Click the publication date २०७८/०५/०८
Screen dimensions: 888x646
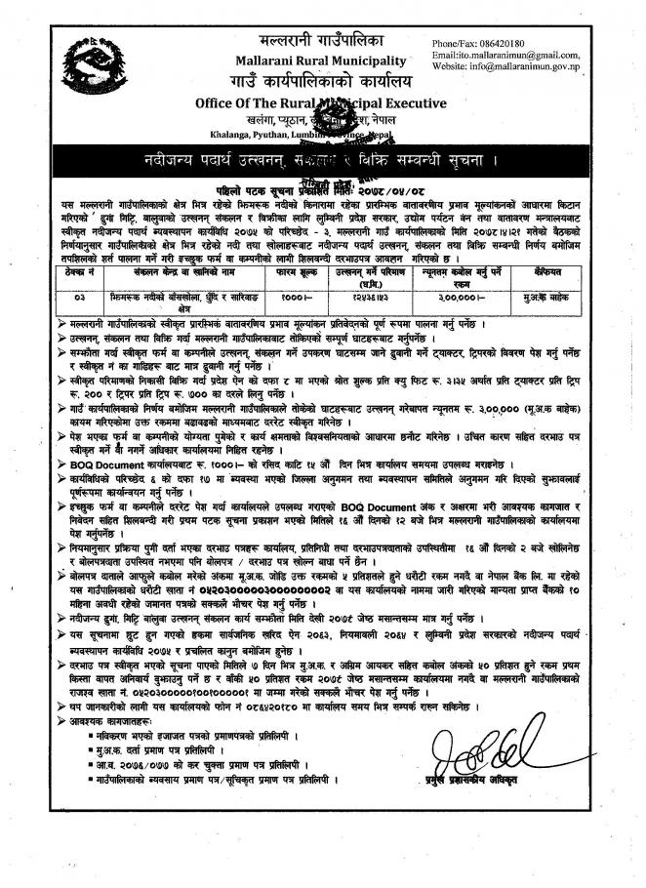(411, 186)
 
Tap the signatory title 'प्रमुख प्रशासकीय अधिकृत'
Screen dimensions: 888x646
(475, 813)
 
